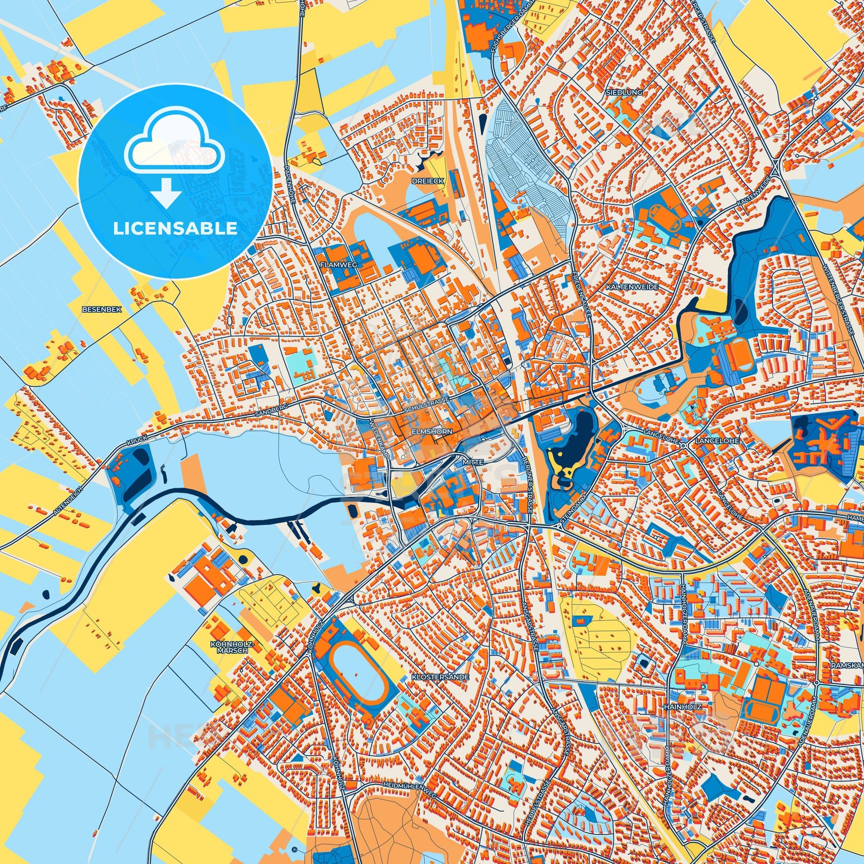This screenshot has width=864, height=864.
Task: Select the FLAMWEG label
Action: pyautogui.click(x=339, y=265)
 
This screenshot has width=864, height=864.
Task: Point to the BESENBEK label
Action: pyautogui.click(x=96, y=309)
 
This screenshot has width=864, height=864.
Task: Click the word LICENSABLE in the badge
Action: pyautogui.click(x=175, y=229)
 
